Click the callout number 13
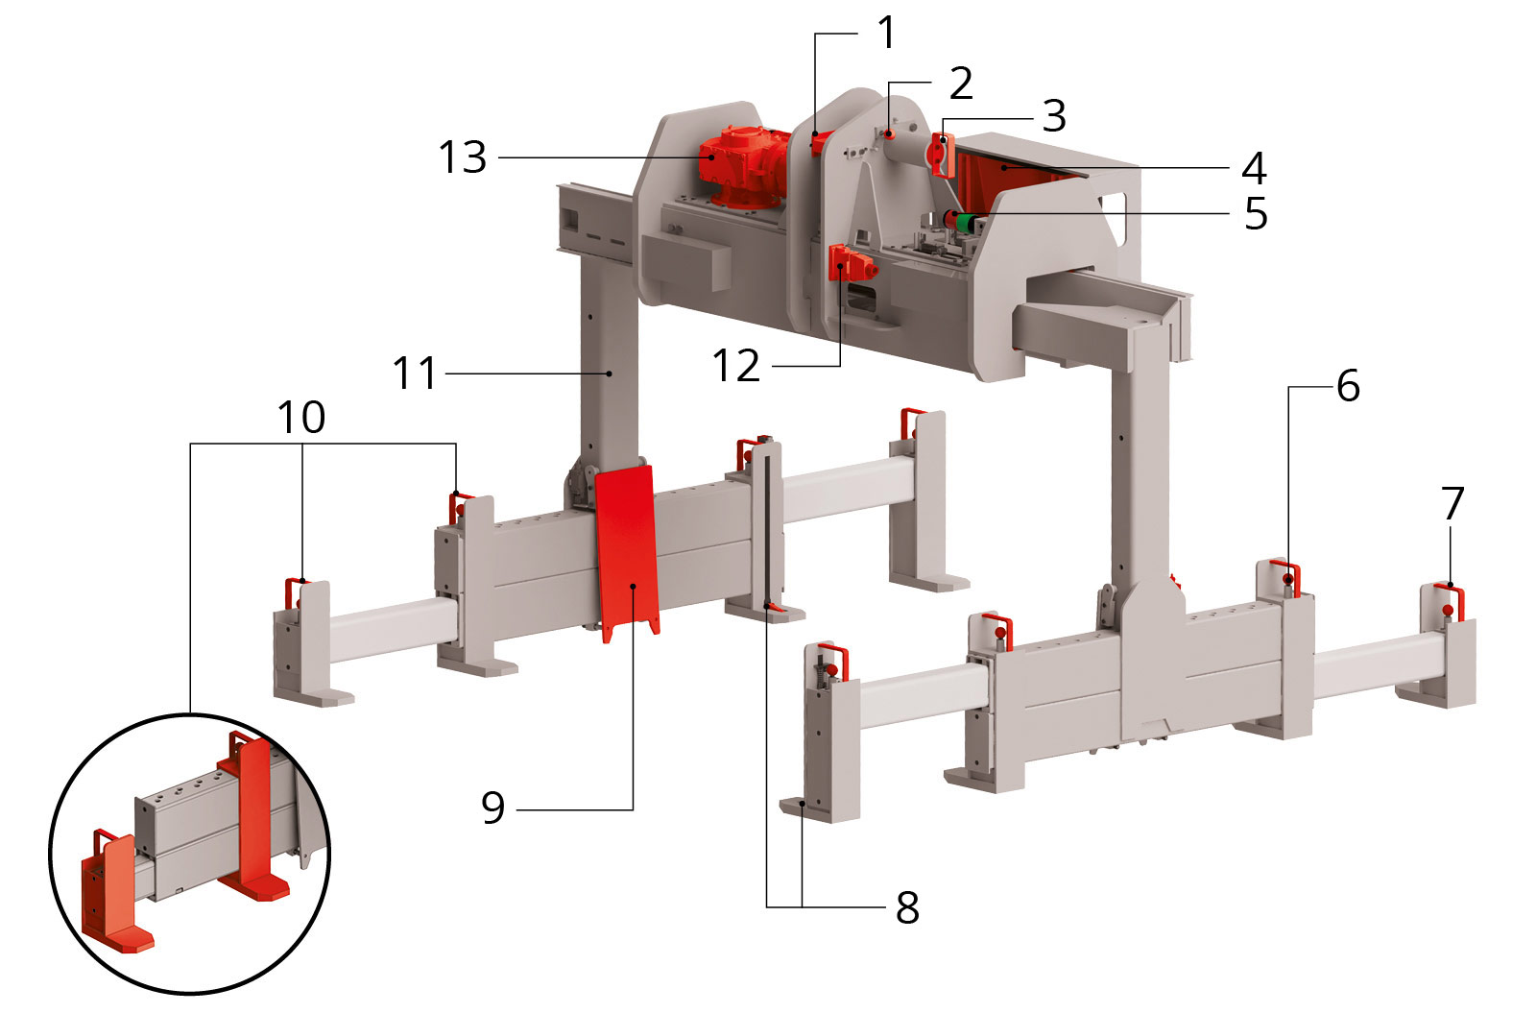tap(463, 157)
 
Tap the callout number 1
tap(887, 33)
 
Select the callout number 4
tap(1254, 168)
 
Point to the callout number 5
tap(1256, 214)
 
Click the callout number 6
tap(1348, 385)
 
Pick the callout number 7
tap(1452, 503)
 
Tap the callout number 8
tap(907, 907)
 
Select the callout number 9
tap(493, 808)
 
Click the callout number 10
tap(301, 417)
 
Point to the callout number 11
tap(414, 374)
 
